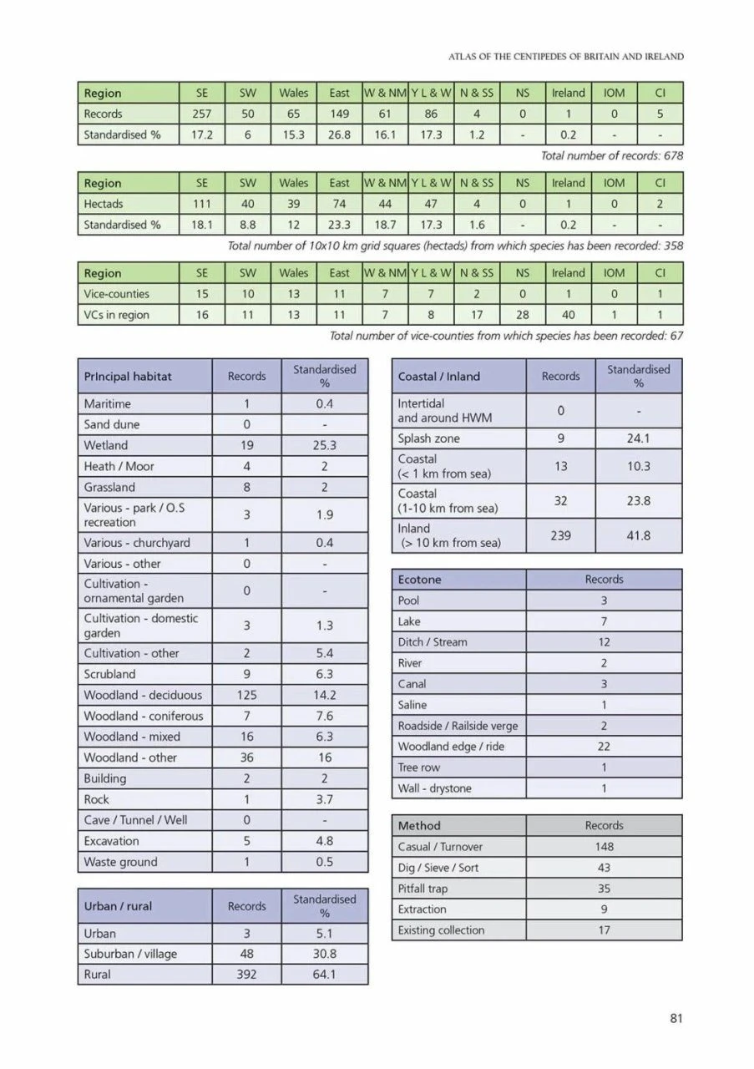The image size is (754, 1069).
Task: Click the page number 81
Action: (676, 1017)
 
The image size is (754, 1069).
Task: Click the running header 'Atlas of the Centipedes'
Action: (566, 57)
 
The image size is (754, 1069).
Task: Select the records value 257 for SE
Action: (201, 114)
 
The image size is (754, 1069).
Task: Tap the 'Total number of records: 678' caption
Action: (612, 155)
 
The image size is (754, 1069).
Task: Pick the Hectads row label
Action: (104, 204)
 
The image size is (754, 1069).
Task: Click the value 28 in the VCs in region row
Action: (523, 315)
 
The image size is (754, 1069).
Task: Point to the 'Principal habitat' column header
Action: (128, 377)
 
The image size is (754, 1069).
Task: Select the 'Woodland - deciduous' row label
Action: (143, 695)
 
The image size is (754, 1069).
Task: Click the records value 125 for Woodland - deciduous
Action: (247, 695)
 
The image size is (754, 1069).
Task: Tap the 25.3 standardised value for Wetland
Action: (325, 445)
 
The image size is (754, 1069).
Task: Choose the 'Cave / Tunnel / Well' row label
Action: (137, 820)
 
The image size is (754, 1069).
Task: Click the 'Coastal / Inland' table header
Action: (439, 377)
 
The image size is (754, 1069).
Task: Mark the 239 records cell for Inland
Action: (560, 535)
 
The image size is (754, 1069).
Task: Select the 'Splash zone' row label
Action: (429, 438)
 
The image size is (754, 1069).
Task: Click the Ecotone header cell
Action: (420, 580)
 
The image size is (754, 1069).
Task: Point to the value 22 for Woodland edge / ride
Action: (604, 747)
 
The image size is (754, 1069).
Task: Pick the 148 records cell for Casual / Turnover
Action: (604, 847)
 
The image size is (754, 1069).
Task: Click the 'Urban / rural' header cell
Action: (119, 906)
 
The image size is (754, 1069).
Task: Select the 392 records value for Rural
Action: (247, 975)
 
